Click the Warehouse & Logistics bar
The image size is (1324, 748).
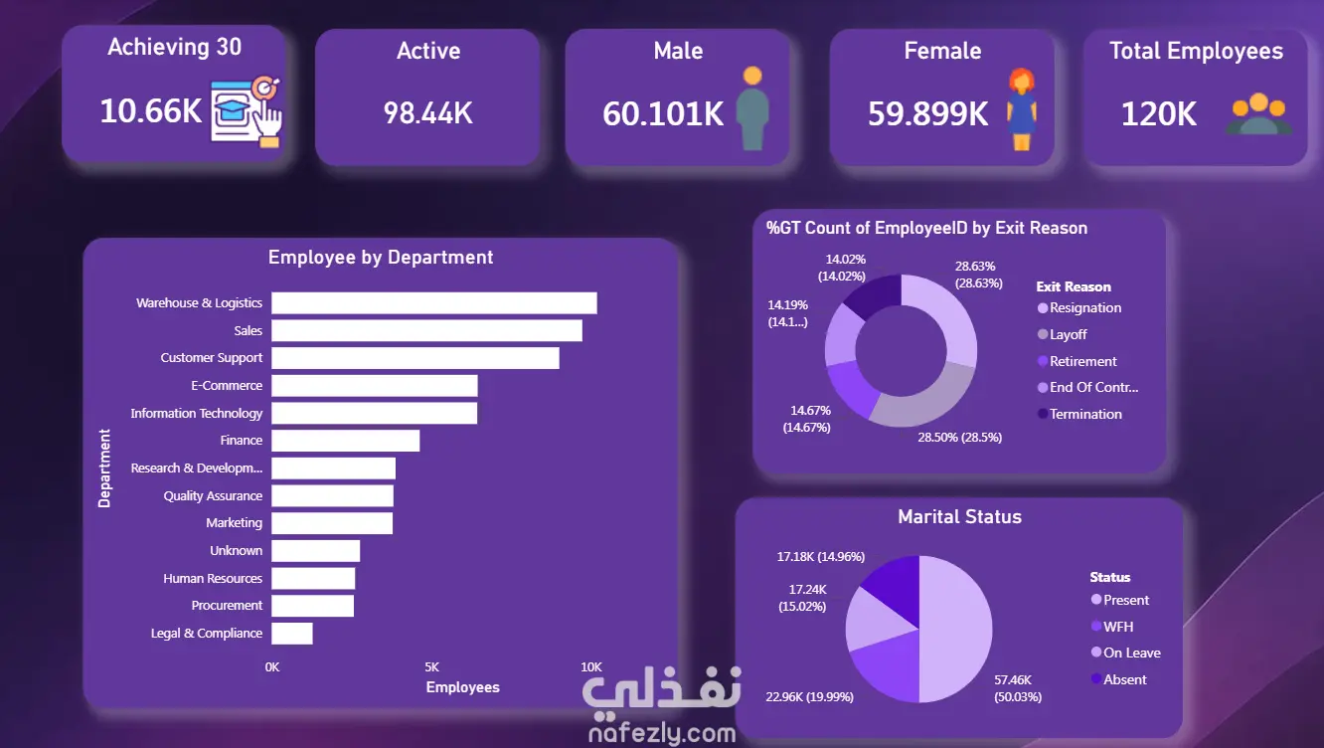(433, 302)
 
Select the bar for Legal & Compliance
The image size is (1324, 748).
(292, 634)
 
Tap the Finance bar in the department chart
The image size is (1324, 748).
(345, 441)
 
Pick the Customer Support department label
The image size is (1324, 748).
(211, 358)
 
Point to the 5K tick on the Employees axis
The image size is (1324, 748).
(432, 667)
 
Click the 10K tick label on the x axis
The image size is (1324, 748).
(591, 667)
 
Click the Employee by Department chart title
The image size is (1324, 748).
(381, 258)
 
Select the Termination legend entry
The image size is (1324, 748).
(1079, 414)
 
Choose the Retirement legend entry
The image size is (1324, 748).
(1077, 361)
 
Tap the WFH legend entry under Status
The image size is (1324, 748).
(1112, 627)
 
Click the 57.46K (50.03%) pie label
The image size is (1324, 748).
(1017, 688)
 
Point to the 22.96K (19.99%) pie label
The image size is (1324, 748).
(810, 697)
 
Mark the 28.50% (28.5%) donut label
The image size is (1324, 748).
(959, 438)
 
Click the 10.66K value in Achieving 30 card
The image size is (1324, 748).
(151, 111)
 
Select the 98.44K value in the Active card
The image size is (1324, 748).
(428, 113)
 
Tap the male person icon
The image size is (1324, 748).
(752, 108)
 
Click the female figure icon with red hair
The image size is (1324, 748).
(1022, 109)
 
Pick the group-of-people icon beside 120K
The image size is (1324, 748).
(1258, 113)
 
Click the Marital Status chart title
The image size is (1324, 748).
(959, 517)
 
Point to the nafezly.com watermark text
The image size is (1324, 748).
(662, 733)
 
